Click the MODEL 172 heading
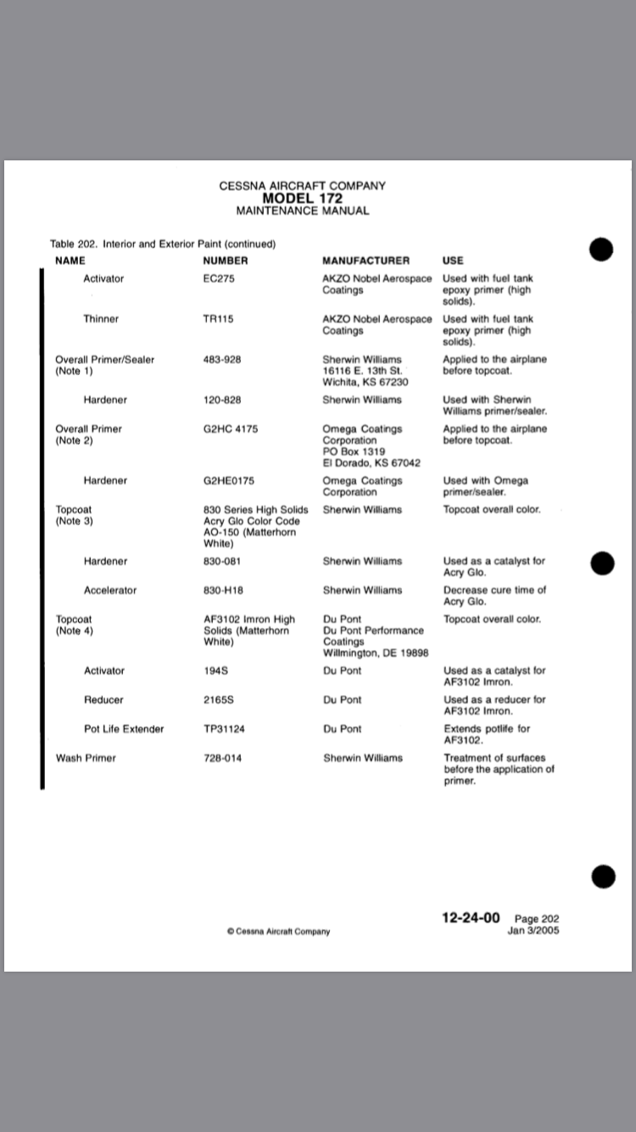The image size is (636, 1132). (x=302, y=199)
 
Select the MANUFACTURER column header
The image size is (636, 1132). (x=365, y=261)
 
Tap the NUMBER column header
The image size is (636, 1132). (x=225, y=261)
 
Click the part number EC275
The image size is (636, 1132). (x=218, y=278)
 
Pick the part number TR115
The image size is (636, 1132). (x=218, y=319)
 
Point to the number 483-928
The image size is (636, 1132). (x=222, y=360)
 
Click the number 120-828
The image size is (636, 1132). (x=222, y=400)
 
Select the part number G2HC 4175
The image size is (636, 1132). (x=231, y=429)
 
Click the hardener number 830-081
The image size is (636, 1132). (x=222, y=561)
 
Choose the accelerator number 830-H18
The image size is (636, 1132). (x=223, y=590)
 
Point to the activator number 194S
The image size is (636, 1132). (x=216, y=670)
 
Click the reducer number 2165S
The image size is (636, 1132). (x=219, y=700)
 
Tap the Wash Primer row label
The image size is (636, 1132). (x=86, y=758)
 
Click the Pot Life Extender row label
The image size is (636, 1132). (x=124, y=729)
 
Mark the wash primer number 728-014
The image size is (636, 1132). (x=222, y=758)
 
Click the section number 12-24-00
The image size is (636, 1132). (x=471, y=918)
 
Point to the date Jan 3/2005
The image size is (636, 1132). (x=533, y=930)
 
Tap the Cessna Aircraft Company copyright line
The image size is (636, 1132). (x=278, y=931)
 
